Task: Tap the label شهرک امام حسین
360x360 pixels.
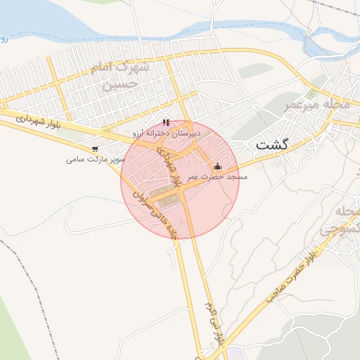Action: tap(120, 77)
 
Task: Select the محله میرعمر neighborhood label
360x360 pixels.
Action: tap(316, 105)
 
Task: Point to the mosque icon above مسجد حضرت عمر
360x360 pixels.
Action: tap(217, 167)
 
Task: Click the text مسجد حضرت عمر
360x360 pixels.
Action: tap(217, 177)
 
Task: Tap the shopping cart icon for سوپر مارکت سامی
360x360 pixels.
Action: tap(95, 149)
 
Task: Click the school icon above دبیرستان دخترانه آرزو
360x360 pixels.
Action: tap(167, 122)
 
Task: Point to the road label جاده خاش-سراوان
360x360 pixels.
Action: tap(169, 213)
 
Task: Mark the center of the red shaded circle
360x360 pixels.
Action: tap(180, 180)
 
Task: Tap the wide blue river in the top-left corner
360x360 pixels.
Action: tap(42, 21)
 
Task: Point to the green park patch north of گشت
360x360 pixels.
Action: tap(250, 72)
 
